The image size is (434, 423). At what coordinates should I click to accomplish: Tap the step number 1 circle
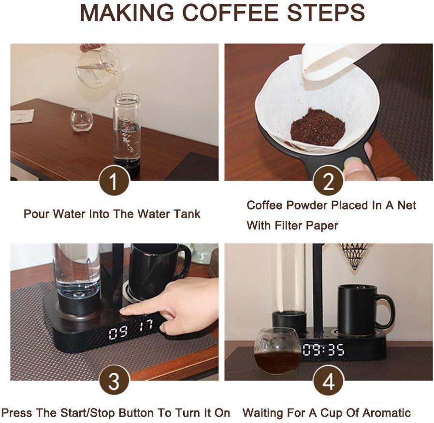(114, 181)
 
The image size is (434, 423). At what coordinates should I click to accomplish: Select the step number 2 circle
(328, 181)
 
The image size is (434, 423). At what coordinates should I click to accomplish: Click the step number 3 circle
(114, 381)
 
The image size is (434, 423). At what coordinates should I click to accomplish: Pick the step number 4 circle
(328, 381)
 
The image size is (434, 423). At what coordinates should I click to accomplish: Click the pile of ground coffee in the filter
(318, 127)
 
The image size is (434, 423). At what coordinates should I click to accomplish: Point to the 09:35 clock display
(323, 350)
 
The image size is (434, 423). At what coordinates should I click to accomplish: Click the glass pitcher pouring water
(98, 66)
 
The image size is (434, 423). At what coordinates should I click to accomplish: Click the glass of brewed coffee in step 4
(277, 350)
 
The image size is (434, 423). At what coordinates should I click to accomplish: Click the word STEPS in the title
(326, 13)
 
